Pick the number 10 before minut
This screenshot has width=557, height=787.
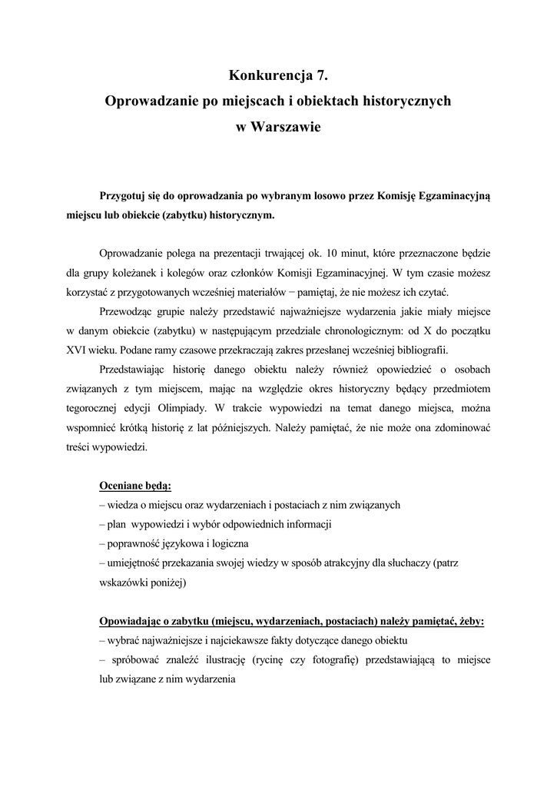(332, 253)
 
